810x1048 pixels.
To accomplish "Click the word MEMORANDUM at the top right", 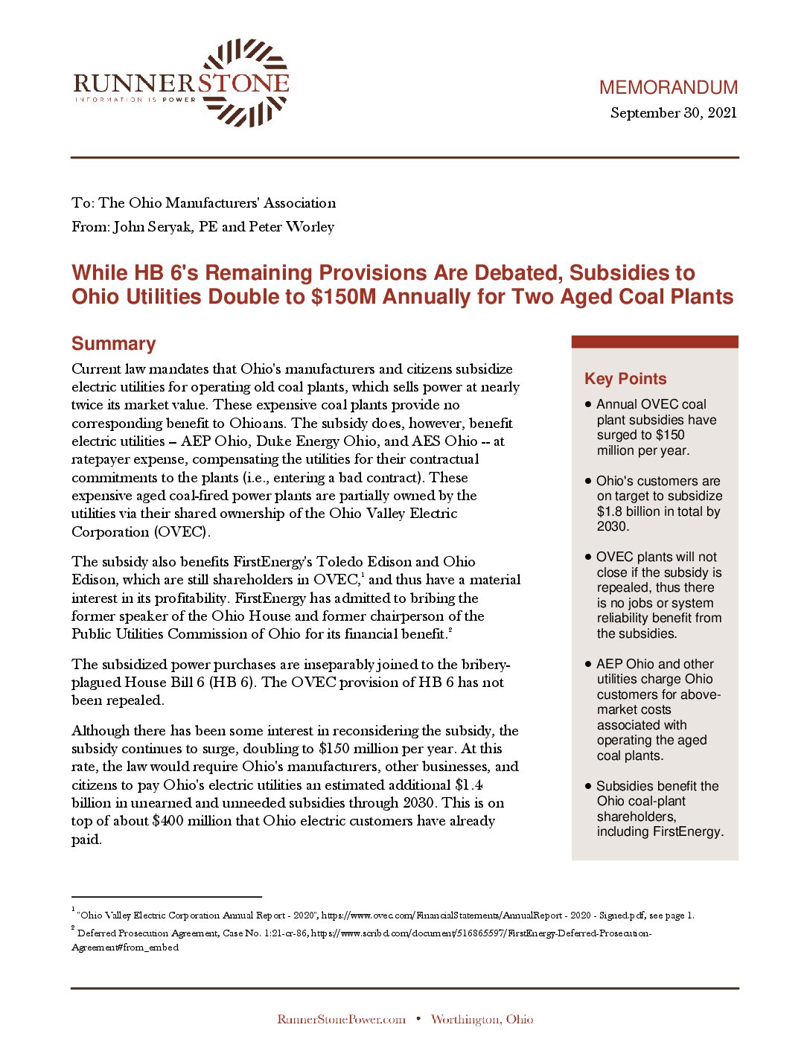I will tap(668, 88).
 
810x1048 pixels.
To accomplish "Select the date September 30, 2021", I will tap(673, 113).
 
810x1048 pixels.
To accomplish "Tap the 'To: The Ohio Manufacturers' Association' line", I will tap(203, 203).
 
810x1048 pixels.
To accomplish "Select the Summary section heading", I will tap(113, 344).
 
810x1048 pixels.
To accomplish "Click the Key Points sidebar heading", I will tap(625, 379).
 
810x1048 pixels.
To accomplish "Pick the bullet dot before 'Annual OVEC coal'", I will tap(588, 404).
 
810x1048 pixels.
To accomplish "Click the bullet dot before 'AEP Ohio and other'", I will tap(588, 663).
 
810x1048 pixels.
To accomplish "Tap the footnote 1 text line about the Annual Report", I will tap(386, 916).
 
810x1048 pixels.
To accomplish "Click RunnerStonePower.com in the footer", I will tap(341, 1020).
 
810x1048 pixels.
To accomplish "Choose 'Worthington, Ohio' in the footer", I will tap(482, 1020).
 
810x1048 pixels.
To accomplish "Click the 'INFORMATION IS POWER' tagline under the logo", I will tap(135, 99).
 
